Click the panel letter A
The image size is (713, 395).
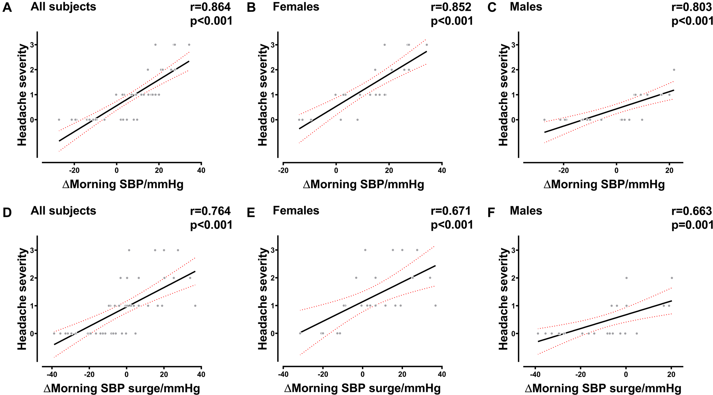7,7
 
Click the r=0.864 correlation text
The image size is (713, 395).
210,7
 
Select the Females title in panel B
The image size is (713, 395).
296,7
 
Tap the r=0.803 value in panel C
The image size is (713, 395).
691,7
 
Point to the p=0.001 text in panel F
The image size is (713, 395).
692,225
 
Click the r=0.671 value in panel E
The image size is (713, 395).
451,211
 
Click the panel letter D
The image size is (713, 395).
7,213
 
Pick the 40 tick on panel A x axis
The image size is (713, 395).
201,170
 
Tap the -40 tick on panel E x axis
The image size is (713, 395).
283,374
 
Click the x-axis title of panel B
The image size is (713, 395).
363,184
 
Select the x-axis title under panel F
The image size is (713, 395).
603,388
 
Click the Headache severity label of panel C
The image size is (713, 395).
503,95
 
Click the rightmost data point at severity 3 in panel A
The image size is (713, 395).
189,45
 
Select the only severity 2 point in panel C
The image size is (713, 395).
674,70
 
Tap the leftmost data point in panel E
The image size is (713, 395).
300,333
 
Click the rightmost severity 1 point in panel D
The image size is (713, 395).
195,306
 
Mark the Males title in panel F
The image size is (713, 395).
526,211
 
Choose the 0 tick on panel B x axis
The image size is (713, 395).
336,170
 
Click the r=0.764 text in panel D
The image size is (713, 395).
210,211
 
